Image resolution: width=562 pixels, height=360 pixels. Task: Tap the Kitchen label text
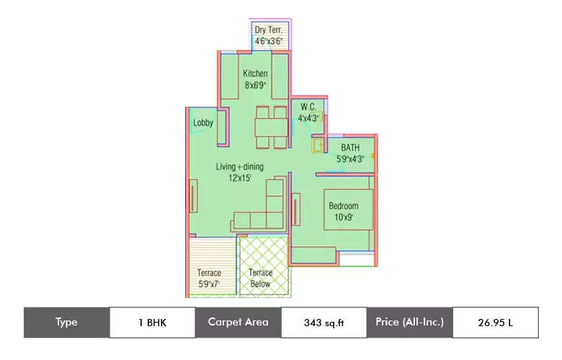pos(255,73)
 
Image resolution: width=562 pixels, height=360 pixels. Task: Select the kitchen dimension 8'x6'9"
pos(255,85)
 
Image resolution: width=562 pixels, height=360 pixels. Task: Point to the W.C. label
pos(308,107)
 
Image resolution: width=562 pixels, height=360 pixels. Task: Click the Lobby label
pos(203,123)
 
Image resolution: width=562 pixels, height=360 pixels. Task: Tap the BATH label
pos(350,148)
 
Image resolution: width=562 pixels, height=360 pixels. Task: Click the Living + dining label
pos(240,167)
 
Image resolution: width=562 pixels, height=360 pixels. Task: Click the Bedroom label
pos(343,206)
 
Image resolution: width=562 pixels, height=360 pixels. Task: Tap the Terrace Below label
pos(260,279)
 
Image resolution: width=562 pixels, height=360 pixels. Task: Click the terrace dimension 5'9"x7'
pos(210,284)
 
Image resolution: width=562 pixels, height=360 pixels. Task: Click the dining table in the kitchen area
pos(272,127)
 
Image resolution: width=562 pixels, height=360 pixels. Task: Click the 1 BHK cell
pos(152,323)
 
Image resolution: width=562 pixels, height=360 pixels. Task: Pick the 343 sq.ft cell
pos(324,323)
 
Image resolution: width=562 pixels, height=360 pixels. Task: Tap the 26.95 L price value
pos(495,323)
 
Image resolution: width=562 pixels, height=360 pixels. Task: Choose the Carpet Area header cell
pos(238,323)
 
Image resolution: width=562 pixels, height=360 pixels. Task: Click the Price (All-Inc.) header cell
pos(409,323)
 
